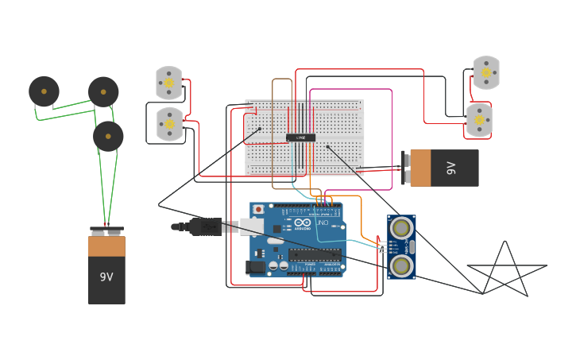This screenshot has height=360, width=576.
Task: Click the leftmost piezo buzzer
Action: coord(44,91)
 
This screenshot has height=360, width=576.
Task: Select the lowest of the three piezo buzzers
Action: coord(108,137)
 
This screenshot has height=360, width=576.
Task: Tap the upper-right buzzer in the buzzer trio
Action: coord(103,92)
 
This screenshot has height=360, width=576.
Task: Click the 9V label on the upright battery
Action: coord(106,277)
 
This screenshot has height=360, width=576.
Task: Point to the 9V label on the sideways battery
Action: coord(451,168)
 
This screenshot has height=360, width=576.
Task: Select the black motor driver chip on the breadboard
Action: coord(300,137)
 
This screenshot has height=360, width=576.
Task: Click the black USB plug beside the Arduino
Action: coord(205,227)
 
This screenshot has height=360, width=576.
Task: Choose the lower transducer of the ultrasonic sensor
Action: coord(401,266)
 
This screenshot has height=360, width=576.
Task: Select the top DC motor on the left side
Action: coord(168,83)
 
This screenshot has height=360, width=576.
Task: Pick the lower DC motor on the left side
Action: coord(169,123)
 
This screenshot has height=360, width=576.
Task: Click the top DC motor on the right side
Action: coord(486,72)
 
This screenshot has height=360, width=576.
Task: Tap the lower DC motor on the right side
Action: coord(479,120)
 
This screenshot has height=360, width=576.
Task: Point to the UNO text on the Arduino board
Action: coord(323,223)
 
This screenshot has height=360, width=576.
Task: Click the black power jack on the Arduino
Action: coord(256,267)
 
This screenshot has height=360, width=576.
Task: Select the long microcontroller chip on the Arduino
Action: coord(315,254)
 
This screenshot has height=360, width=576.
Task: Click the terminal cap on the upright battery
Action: coord(106,231)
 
